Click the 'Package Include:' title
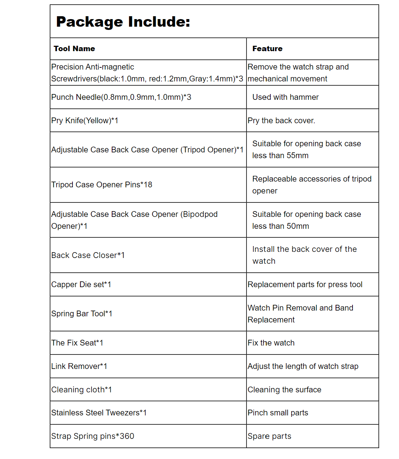pyautogui.click(x=123, y=22)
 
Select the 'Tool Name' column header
pyautogui.click(x=74, y=49)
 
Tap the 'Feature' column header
pyautogui.click(x=267, y=49)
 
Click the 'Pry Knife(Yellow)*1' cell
pyautogui.click(x=85, y=121)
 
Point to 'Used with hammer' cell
pyautogui.click(x=285, y=97)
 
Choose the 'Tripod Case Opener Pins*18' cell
pyautogui.click(x=102, y=185)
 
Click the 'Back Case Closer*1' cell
pyautogui.click(x=88, y=255)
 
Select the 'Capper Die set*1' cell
pyautogui.click(x=81, y=285)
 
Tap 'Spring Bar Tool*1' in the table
pyautogui.click(x=82, y=314)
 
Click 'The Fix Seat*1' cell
pyautogui.click(x=77, y=343)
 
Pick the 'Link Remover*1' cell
pyautogui.click(x=79, y=366)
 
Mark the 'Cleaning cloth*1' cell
pyautogui.click(x=81, y=390)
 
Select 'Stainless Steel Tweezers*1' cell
pyautogui.click(x=99, y=413)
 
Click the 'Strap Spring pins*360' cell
pyautogui.click(x=93, y=436)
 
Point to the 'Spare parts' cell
pyautogui.click(x=269, y=436)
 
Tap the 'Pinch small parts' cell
pyautogui.click(x=278, y=413)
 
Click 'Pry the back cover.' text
pyautogui.click(x=281, y=121)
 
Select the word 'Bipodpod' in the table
pyautogui.click(x=200, y=214)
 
